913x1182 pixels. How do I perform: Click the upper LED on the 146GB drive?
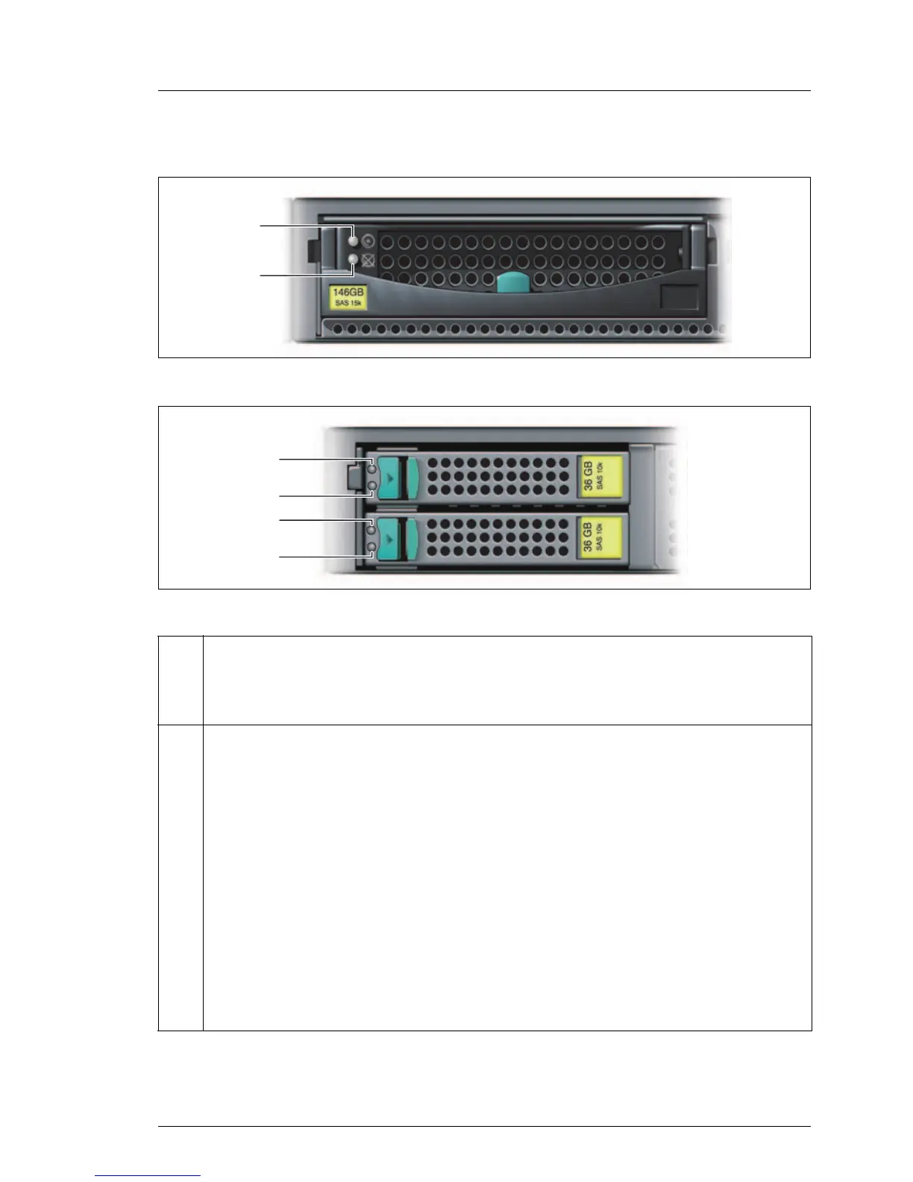click(x=354, y=241)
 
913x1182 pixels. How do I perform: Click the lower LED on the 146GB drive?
click(x=354, y=260)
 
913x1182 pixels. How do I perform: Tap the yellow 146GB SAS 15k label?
click(x=348, y=296)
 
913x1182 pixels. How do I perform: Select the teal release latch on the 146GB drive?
click(x=512, y=283)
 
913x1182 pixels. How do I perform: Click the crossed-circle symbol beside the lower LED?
click(x=368, y=260)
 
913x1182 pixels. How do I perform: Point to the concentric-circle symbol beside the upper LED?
click(x=368, y=241)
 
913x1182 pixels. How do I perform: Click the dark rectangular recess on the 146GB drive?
click(x=680, y=296)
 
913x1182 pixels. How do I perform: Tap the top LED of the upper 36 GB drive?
click(x=372, y=469)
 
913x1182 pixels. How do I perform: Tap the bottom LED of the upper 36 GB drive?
click(x=372, y=487)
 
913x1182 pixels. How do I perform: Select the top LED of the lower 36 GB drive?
click(x=372, y=530)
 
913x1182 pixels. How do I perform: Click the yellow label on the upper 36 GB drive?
click(x=600, y=476)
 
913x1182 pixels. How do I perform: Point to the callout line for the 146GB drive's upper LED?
click(x=298, y=225)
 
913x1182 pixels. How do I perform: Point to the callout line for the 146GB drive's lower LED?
click(x=298, y=275)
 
